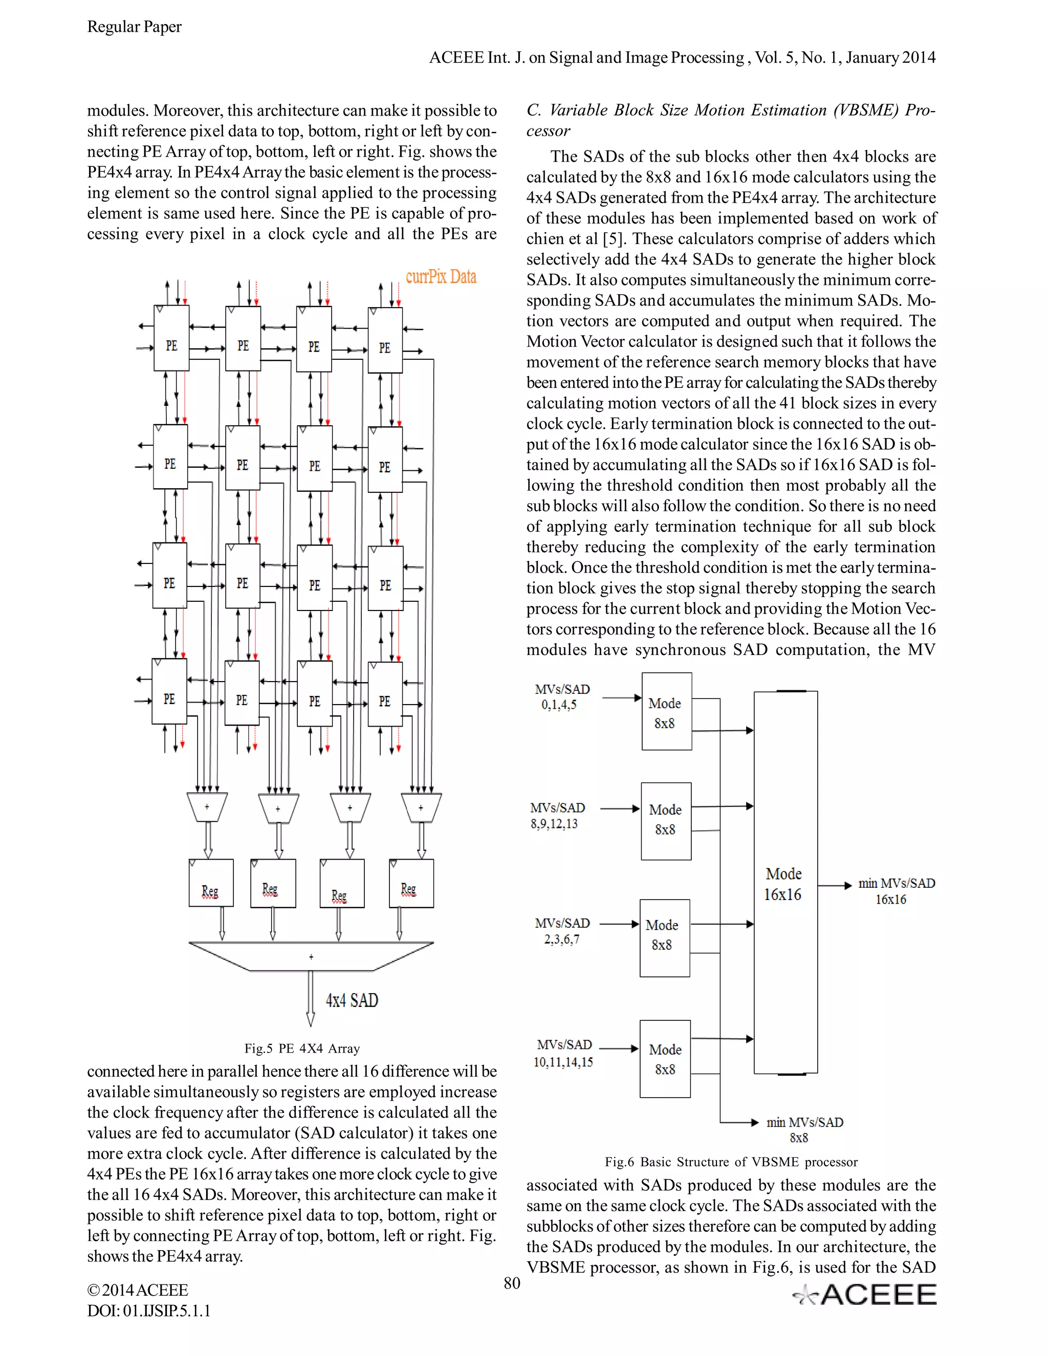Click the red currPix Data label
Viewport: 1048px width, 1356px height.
click(441, 277)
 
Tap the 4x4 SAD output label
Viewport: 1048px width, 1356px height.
click(352, 1000)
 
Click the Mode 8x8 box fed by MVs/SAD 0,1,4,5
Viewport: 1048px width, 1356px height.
click(666, 712)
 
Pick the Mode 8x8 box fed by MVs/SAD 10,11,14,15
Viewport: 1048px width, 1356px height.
click(665, 1059)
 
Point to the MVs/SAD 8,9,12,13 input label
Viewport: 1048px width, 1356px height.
click(557, 815)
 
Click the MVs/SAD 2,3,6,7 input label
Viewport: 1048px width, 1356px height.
click(562, 931)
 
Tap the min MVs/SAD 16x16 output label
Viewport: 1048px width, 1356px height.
click(896, 890)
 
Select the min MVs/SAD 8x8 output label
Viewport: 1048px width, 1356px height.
click(804, 1129)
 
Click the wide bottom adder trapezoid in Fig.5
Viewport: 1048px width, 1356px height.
click(311, 956)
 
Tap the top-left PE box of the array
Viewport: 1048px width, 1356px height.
click(171, 338)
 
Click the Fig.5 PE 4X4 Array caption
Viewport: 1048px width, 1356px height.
click(302, 1048)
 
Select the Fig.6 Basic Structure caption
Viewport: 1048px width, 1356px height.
click(731, 1162)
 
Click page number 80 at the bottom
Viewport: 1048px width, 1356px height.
click(512, 1283)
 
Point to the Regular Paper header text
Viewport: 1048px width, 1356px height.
click(134, 27)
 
